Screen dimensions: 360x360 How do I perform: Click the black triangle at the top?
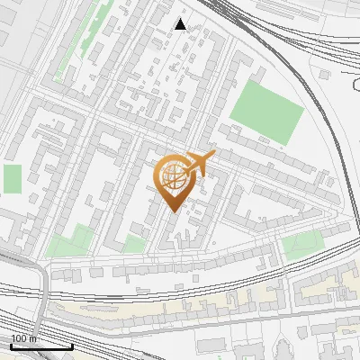coord(181,24)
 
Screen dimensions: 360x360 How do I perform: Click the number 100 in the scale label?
coord(18,338)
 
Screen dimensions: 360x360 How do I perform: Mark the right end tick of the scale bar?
coord(72,346)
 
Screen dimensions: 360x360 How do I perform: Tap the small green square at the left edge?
coord(12,178)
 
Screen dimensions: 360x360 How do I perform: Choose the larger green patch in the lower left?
coord(70,241)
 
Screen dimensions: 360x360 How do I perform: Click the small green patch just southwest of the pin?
coord(133,244)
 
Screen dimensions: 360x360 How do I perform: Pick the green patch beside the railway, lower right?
coord(302,244)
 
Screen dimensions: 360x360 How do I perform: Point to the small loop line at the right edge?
coord(355,85)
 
